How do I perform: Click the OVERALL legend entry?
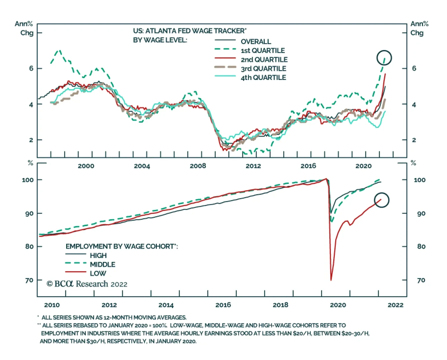(x=256, y=42)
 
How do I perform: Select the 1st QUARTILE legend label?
(x=263, y=51)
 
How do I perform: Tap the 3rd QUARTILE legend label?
(x=263, y=68)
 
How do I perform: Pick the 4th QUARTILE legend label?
(x=263, y=77)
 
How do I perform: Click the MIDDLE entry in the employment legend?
(x=103, y=264)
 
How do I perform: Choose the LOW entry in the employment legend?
(x=98, y=273)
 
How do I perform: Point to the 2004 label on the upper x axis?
(x=142, y=166)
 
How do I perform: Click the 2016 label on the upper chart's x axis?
(x=308, y=166)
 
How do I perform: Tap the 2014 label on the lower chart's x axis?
(x=166, y=305)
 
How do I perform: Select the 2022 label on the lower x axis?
(x=396, y=305)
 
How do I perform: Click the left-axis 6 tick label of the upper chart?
(x=31, y=68)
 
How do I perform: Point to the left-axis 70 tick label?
(x=29, y=280)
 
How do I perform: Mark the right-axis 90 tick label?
(x=421, y=214)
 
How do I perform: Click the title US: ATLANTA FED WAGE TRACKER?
(x=190, y=31)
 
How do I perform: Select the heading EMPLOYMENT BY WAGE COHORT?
(x=122, y=246)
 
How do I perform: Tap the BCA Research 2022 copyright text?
(x=87, y=284)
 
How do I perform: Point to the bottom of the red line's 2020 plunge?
(x=331, y=280)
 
